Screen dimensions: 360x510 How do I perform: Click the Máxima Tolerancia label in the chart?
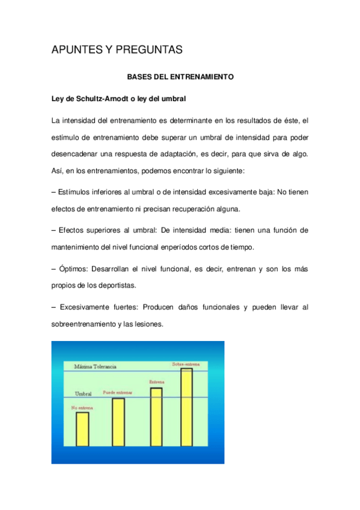[x=95, y=366]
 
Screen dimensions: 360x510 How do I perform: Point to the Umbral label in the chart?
[x=83, y=393]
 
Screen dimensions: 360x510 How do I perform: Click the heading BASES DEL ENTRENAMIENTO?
[x=180, y=77]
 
